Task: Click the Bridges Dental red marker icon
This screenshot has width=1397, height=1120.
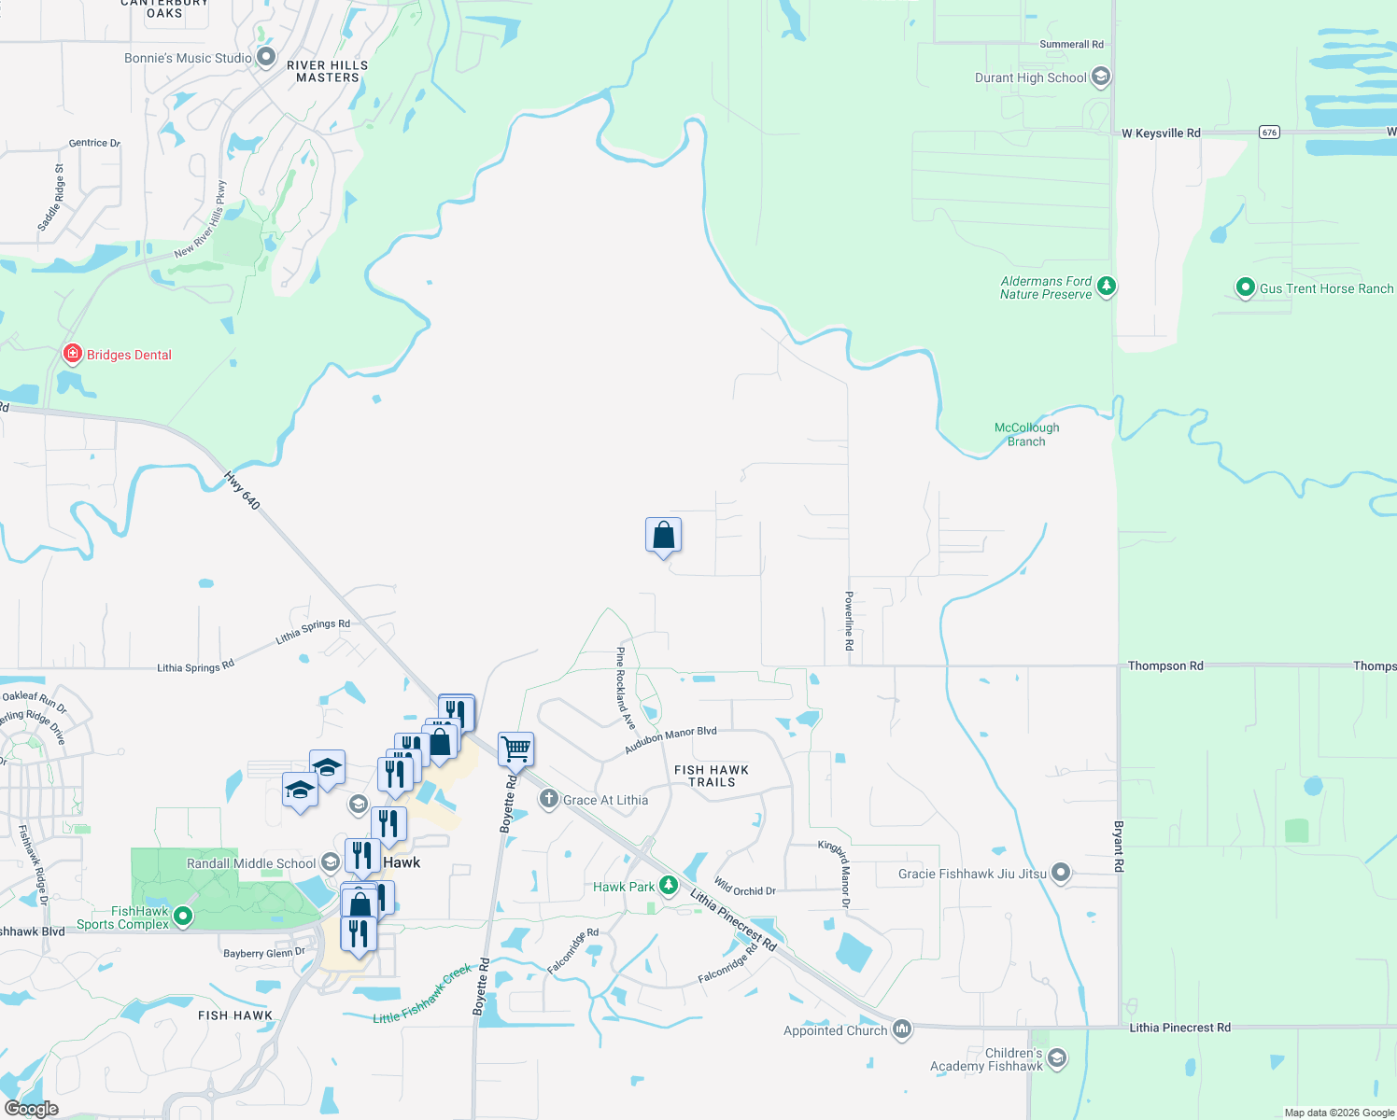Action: click(72, 354)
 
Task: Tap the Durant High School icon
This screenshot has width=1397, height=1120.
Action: click(1101, 77)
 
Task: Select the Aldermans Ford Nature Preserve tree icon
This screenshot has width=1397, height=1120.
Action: click(1107, 286)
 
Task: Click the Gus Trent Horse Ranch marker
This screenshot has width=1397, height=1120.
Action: click(1245, 287)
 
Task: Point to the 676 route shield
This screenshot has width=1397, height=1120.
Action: click(1269, 133)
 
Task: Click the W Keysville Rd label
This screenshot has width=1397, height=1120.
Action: click(1161, 133)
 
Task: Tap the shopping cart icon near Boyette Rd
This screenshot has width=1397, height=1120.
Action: click(515, 749)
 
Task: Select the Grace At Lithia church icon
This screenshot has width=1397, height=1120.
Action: click(549, 799)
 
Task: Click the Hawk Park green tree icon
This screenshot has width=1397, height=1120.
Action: click(669, 885)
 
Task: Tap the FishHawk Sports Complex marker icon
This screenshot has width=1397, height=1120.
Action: click(184, 917)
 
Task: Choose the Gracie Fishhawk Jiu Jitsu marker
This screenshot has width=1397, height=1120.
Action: click(1060, 873)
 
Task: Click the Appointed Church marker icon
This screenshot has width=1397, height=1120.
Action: click(901, 1029)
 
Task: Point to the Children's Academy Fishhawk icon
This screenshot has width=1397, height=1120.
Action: click(1056, 1058)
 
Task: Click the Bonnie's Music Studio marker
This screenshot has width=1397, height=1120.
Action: click(266, 57)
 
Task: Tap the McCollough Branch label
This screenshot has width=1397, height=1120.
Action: click(1026, 434)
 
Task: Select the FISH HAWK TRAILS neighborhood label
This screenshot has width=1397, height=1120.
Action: click(712, 776)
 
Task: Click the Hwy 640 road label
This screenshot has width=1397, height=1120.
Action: click(242, 490)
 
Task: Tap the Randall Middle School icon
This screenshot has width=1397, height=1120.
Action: click(330, 861)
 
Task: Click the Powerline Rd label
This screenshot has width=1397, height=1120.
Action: click(849, 621)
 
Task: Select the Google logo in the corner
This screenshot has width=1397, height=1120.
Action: click(32, 1108)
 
